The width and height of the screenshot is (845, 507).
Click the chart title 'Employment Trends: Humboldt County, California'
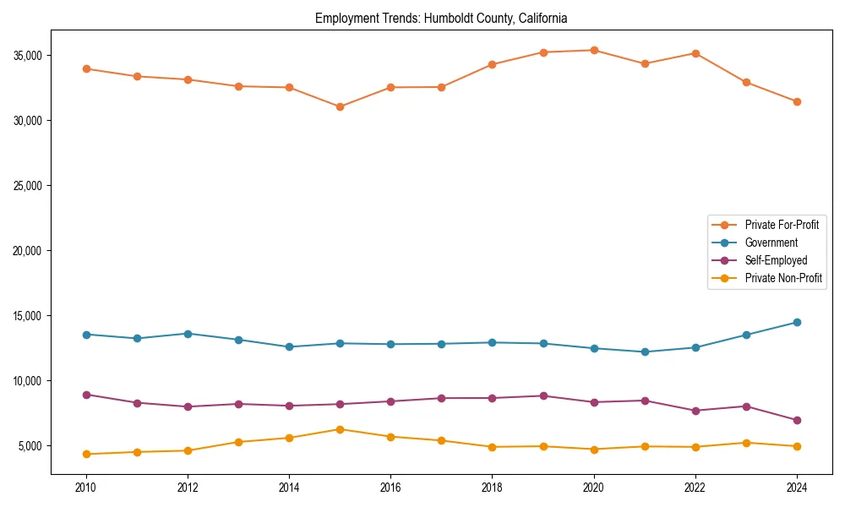[x=441, y=18]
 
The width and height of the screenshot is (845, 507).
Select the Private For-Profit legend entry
[x=781, y=225]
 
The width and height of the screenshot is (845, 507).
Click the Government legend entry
[x=771, y=243]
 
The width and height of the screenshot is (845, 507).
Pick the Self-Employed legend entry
[x=776, y=260]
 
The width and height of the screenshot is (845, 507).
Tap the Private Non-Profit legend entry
[x=783, y=278]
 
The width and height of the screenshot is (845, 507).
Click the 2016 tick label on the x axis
[x=390, y=488]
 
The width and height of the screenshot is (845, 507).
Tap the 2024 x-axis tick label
[x=797, y=488]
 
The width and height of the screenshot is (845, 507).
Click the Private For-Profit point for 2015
[x=340, y=106]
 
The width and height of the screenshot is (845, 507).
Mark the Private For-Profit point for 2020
[x=594, y=50]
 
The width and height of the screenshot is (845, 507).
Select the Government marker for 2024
[x=797, y=322]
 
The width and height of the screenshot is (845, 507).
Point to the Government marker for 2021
[x=645, y=352]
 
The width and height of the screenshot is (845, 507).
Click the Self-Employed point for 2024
[x=797, y=420]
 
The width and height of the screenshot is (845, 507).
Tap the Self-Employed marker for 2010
[x=86, y=395]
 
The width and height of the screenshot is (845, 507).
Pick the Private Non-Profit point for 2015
[x=340, y=429]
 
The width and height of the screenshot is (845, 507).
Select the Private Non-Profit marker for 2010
[x=86, y=454]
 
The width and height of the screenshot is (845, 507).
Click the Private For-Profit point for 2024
[x=797, y=101]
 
